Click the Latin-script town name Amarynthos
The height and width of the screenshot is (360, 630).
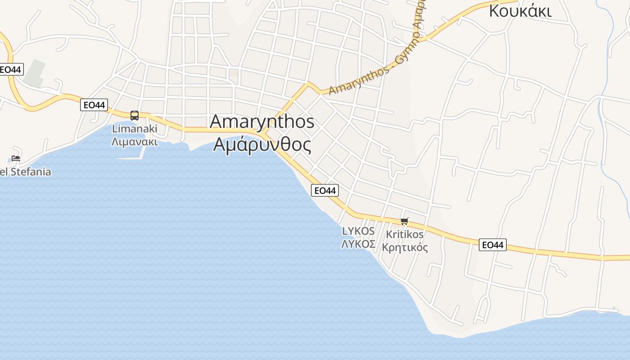click(x=262, y=121)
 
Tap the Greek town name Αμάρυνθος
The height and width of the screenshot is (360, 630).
click(x=262, y=145)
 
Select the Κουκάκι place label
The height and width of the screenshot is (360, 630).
click(x=520, y=11)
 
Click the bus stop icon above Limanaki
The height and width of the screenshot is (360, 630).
click(x=135, y=116)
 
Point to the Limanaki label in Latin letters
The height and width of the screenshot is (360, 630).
click(x=135, y=129)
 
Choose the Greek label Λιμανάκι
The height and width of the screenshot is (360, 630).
click(x=135, y=142)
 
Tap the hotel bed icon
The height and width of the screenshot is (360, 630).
click(x=16, y=158)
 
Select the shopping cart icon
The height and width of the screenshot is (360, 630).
click(x=405, y=221)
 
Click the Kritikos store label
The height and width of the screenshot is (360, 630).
click(x=405, y=234)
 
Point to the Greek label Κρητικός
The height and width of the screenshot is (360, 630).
click(x=405, y=247)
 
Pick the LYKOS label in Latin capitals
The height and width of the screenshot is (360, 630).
click(x=358, y=231)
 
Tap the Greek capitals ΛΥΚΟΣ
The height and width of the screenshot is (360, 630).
click(x=358, y=244)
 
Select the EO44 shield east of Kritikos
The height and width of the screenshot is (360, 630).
click(x=492, y=245)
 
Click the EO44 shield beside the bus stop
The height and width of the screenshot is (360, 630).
click(x=94, y=105)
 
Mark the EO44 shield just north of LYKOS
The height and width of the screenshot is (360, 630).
click(x=324, y=191)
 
